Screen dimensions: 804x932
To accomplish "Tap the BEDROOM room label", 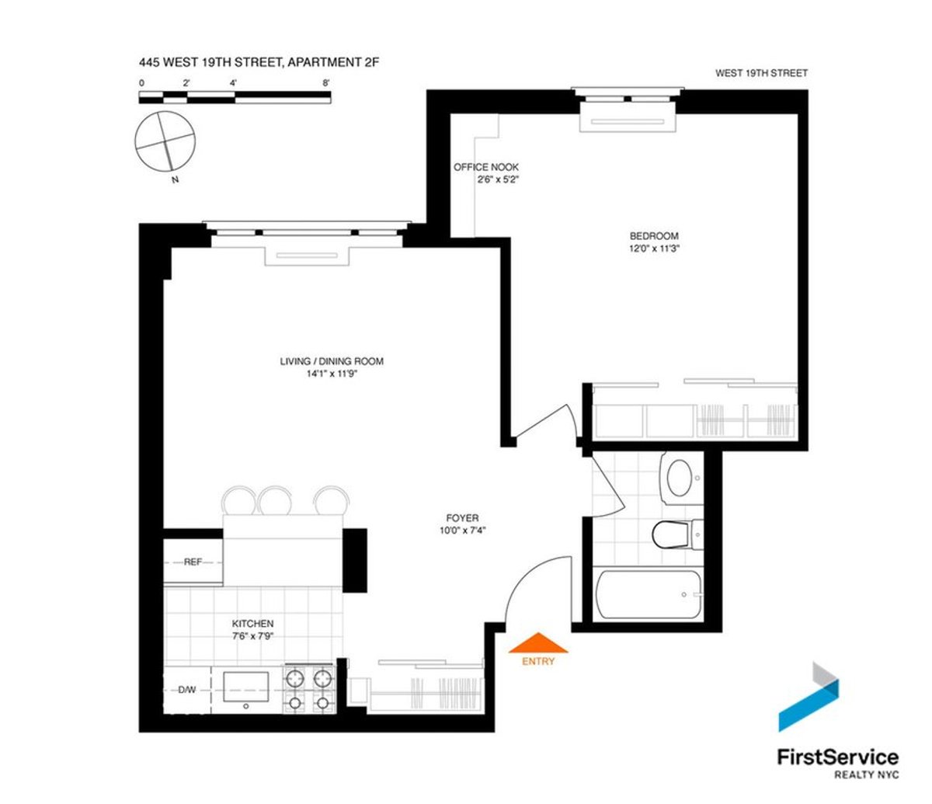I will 653,236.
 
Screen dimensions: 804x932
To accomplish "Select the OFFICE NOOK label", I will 486,167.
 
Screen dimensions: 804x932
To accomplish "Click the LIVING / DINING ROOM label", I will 332,361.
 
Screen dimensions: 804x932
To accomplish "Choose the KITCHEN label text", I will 253,624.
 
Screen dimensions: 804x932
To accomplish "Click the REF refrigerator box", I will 193,562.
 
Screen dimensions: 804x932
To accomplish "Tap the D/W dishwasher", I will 187,690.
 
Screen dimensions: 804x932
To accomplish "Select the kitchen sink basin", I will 246,686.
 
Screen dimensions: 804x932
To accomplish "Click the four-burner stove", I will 308,689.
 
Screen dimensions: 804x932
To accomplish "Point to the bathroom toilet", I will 671,535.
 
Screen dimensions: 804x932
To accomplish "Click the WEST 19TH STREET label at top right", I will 762,73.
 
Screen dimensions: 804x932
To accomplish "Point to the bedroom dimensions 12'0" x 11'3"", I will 653,249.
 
